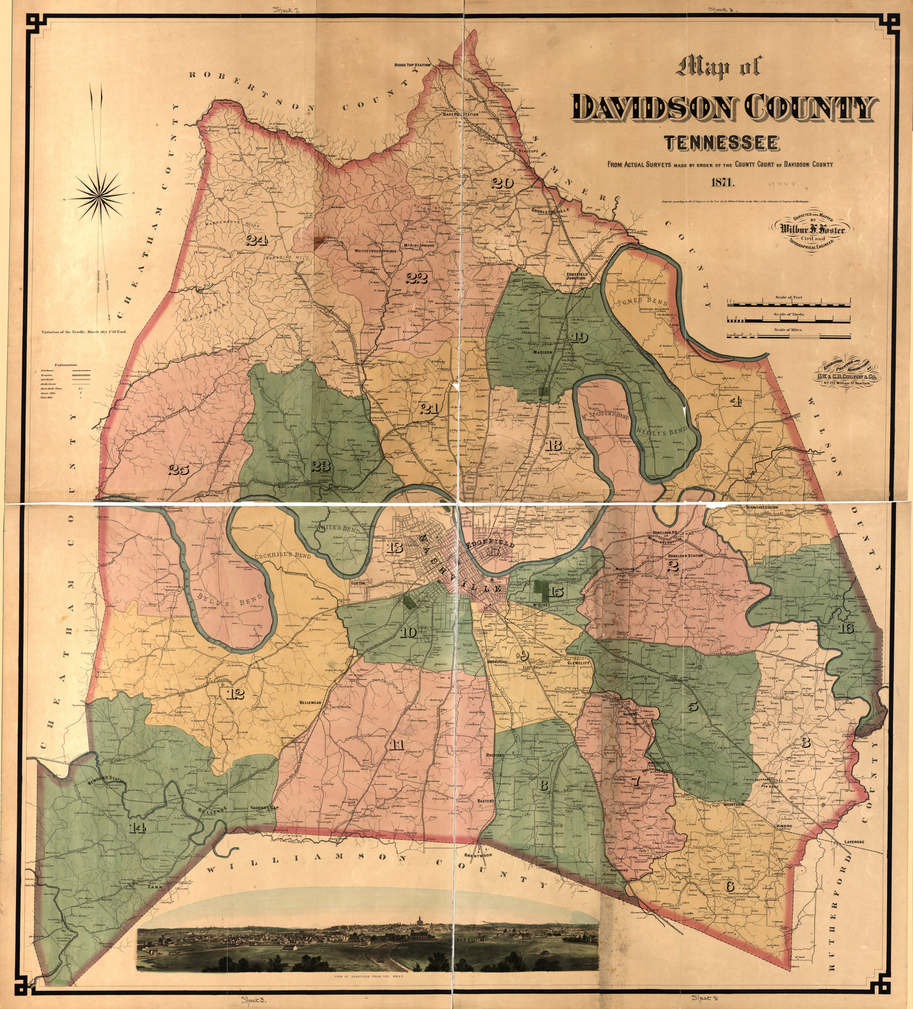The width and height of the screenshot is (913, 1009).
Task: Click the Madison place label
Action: (x=542, y=352)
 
